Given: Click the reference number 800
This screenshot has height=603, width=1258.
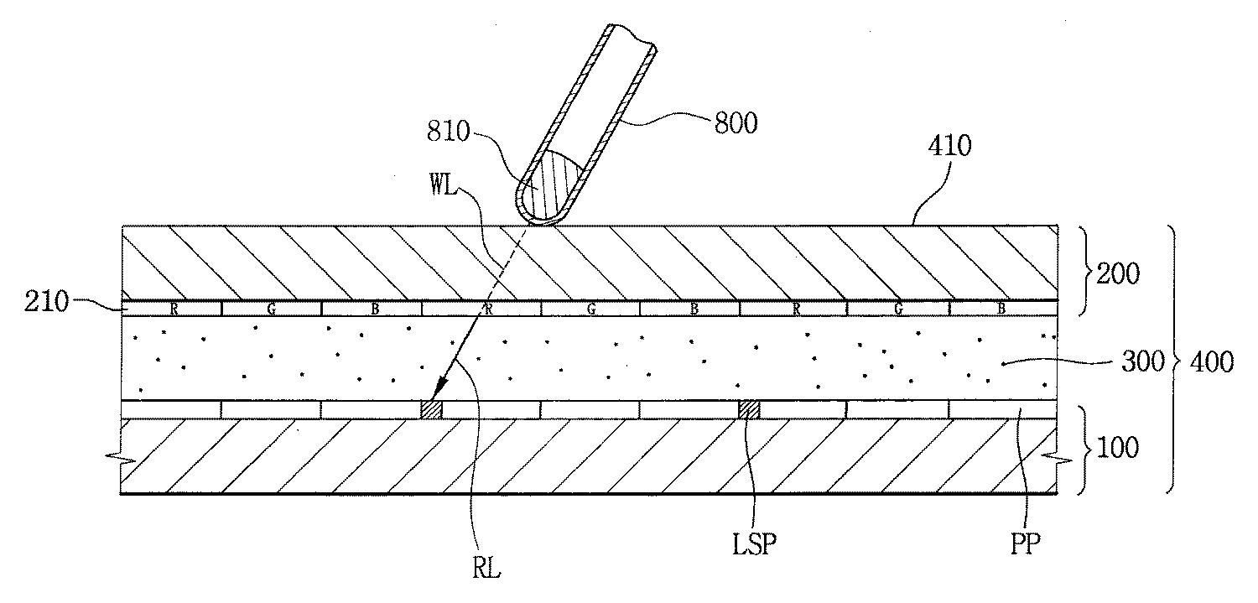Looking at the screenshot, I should point(735,123).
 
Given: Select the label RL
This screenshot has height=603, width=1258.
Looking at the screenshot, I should point(487,569).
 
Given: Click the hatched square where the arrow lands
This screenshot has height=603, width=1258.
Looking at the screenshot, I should point(431,409).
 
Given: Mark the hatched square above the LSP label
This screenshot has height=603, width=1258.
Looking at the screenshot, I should point(749,409).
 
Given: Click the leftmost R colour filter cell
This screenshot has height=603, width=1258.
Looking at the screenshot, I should point(174,309).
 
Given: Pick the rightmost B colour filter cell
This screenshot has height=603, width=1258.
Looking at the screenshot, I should point(1002,309).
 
